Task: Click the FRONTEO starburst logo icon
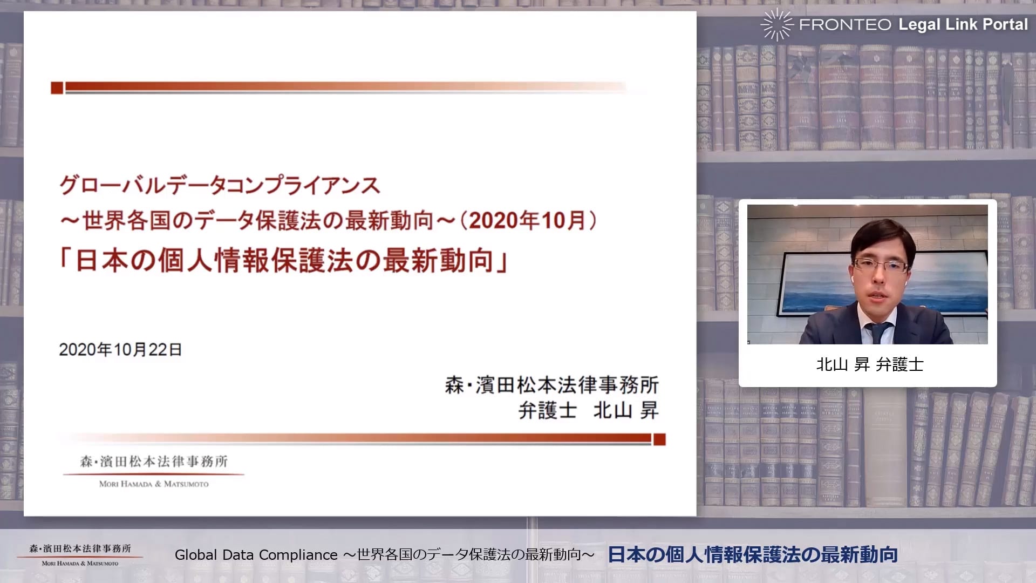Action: point(776,24)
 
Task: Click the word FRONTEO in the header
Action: point(845,24)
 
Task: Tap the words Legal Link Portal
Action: point(963,24)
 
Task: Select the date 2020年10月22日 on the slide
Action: point(120,349)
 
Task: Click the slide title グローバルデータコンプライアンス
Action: point(220,186)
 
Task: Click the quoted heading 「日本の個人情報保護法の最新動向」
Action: point(284,260)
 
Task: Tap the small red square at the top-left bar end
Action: point(57,87)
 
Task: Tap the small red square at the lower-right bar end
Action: point(659,439)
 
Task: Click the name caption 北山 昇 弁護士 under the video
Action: point(869,364)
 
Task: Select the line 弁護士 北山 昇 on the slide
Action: point(588,411)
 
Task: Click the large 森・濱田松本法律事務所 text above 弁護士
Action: point(551,385)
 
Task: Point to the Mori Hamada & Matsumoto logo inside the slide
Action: point(154,471)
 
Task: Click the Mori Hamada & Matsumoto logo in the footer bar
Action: point(80,554)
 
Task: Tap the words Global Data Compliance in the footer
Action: point(256,555)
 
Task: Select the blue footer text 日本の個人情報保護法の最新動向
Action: point(753,554)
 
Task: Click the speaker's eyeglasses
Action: point(880,266)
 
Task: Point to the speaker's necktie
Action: point(878,331)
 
